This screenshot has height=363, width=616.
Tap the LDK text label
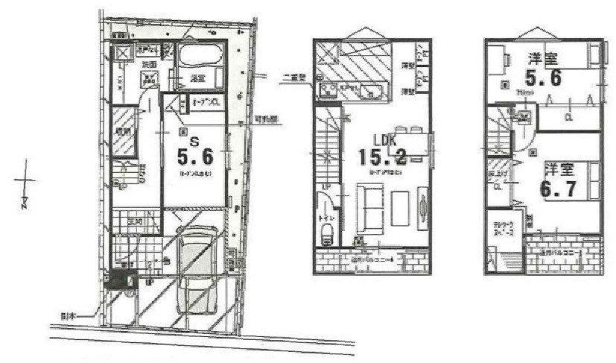point(386,139)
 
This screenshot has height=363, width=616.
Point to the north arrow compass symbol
point(25,183)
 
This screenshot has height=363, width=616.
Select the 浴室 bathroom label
point(197,78)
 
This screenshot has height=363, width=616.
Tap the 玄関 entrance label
point(134,221)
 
